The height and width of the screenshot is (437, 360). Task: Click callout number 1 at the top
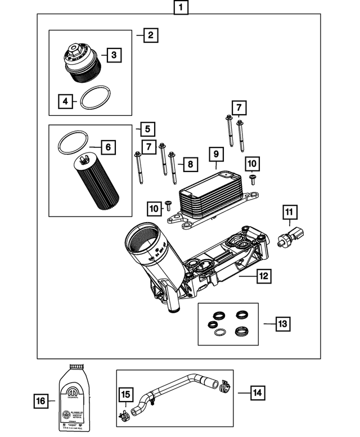(x=180, y=8)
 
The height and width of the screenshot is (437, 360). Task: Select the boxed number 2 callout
(x=150, y=35)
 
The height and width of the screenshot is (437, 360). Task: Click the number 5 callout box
(x=148, y=129)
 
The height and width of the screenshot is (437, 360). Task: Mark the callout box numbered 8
(x=190, y=164)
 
